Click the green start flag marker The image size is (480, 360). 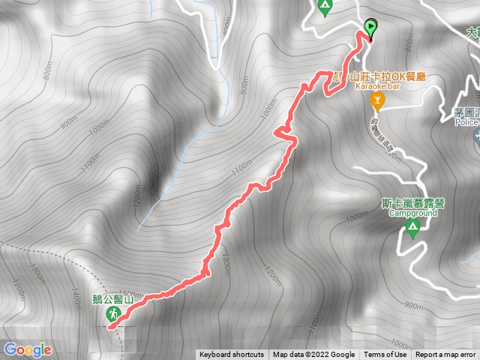[370, 28]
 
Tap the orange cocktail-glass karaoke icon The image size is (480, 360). [378, 100]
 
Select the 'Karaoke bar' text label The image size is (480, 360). [379, 87]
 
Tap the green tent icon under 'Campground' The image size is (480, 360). [412, 227]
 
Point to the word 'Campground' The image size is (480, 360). [412, 213]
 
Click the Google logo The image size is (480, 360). [27, 349]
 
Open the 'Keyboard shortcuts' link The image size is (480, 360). [231, 355]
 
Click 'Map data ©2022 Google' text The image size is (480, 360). [313, 355]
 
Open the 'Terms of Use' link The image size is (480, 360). [385, 355]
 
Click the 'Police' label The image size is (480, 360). [467, 122]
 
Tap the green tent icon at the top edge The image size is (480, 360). [325, 8]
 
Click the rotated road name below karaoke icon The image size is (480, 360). [386, 135]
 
